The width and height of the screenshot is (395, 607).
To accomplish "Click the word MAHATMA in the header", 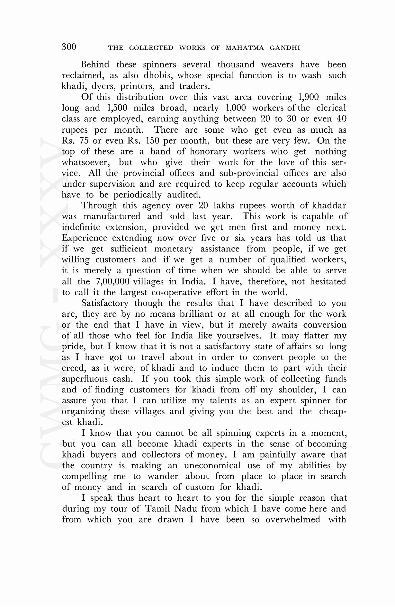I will pyautogui.click(x=245, y=48).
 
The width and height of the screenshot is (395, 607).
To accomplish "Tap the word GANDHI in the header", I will pyautogui.click(x=285, y=48).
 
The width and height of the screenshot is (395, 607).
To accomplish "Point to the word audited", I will pyautogui.click(x=184, y=195).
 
